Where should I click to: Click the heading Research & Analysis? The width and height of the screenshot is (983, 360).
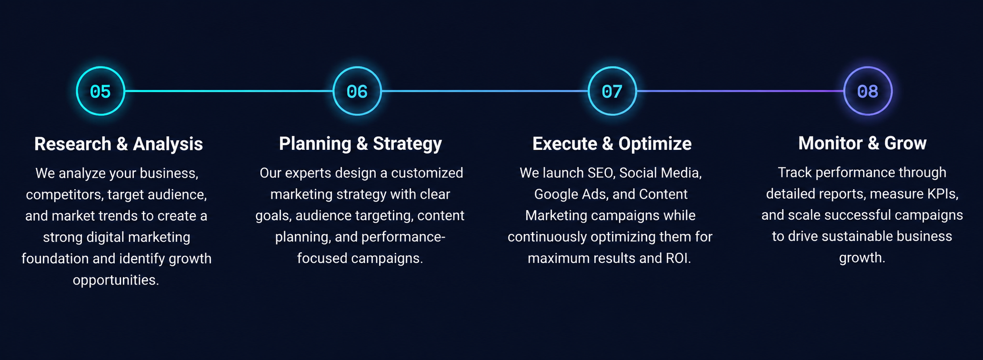tap(119, 144)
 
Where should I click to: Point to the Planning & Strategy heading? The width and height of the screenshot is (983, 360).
tap(361, 144)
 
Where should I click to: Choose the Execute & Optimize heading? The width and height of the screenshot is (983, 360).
tap(612, 144)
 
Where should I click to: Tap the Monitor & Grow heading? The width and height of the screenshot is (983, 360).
tap(862, 143)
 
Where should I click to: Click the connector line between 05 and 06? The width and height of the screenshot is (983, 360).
tap(229, 91)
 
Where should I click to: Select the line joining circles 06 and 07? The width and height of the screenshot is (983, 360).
tap(484, 91)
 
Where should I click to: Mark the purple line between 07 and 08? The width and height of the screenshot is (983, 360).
tap(740, 91)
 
